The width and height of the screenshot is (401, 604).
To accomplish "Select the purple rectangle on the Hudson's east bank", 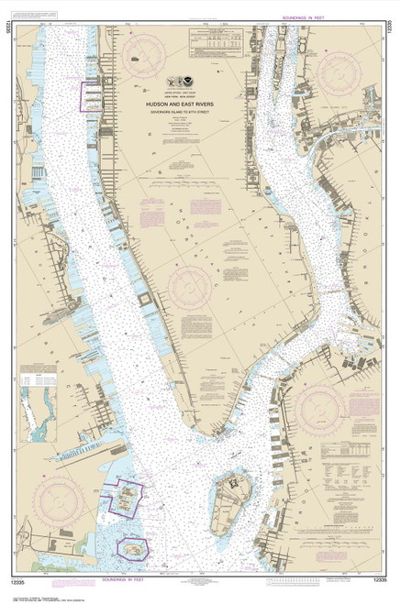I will tap(92, 96).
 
